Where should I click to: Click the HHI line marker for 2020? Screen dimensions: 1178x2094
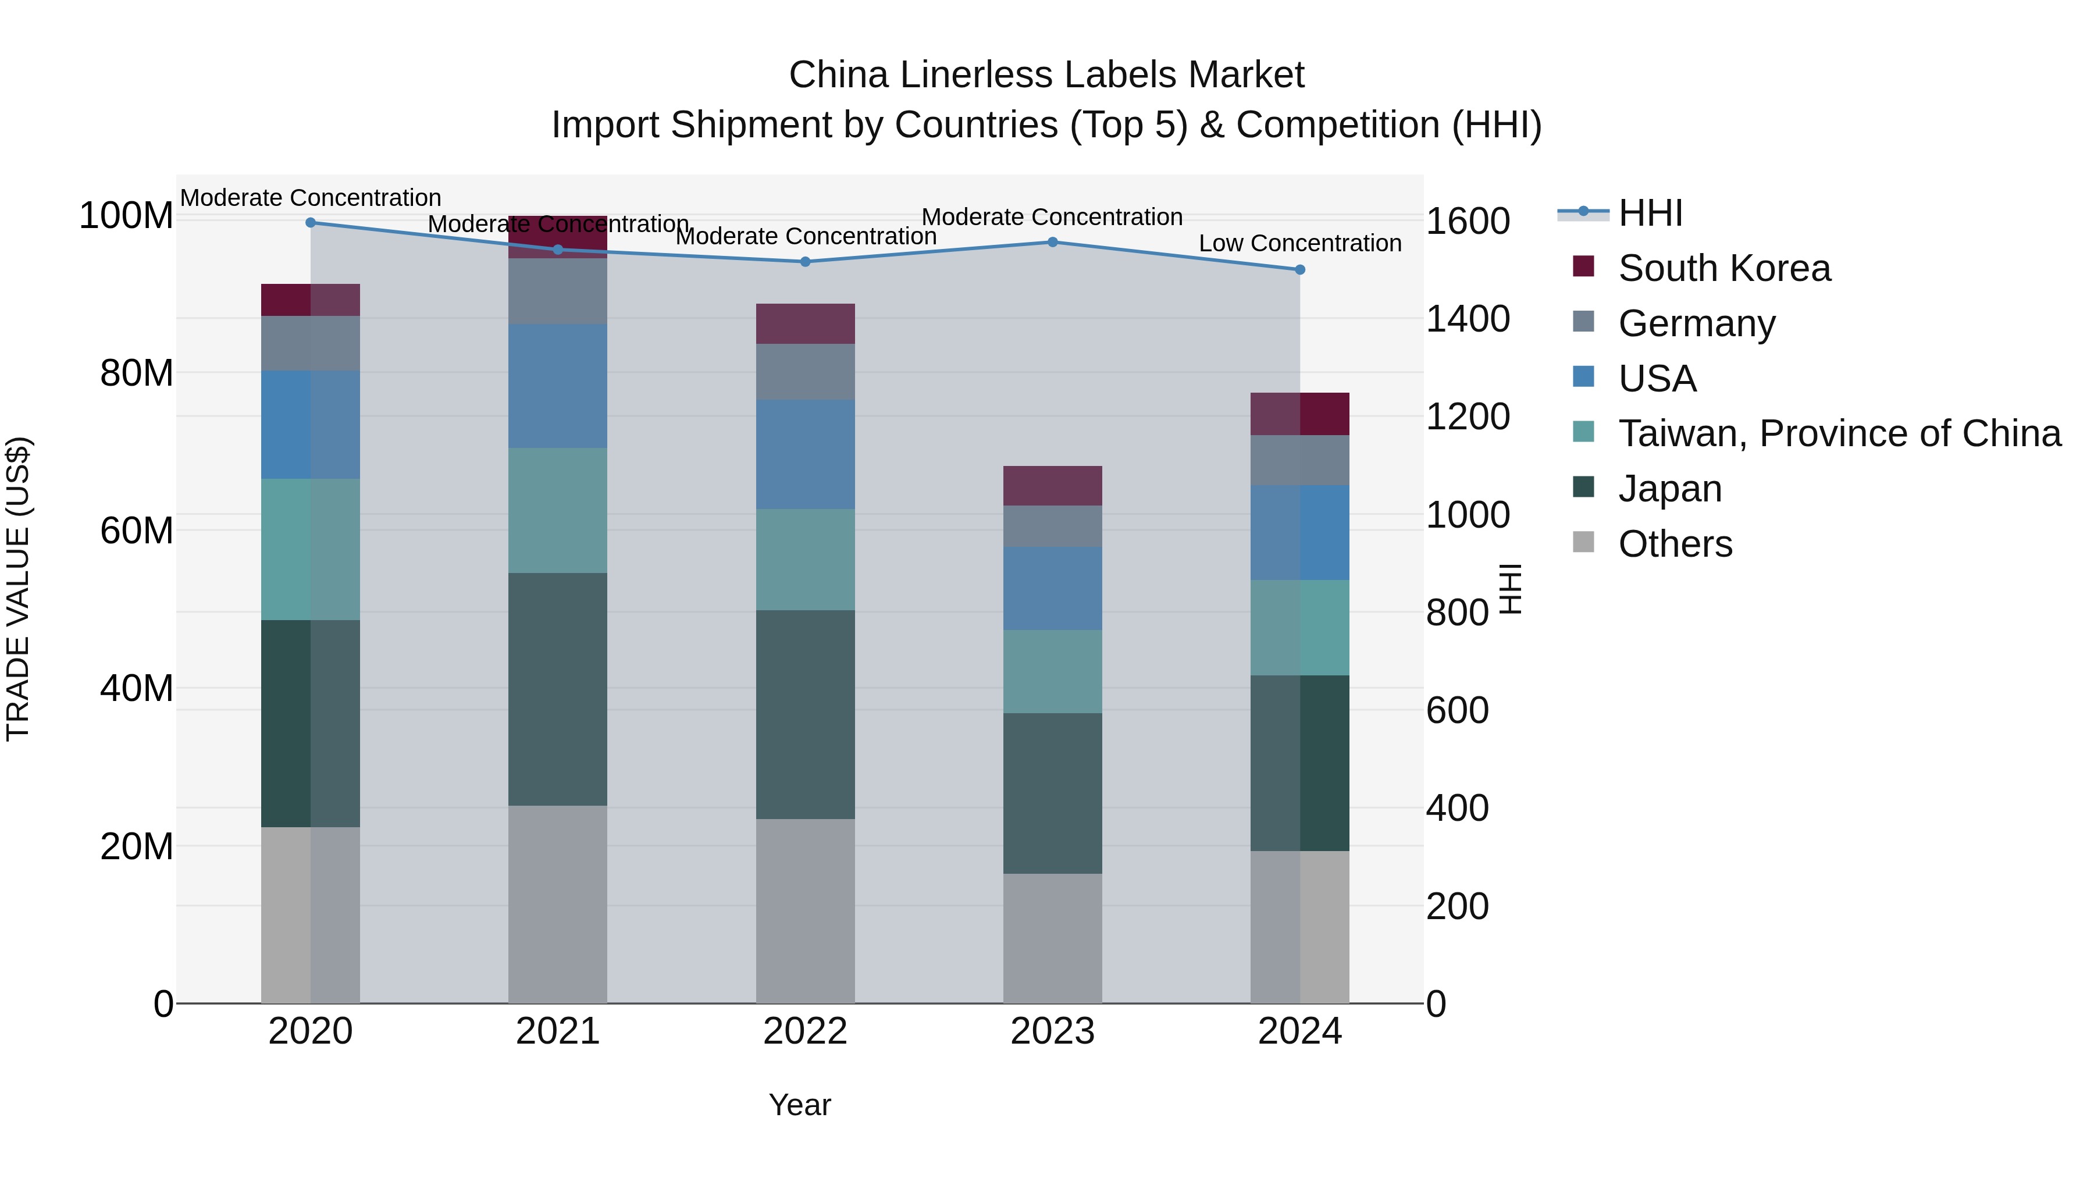(x=311, y=222)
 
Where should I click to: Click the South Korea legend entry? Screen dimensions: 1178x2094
(x=1723, y=268)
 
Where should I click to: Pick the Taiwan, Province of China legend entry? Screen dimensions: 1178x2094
(x=1839, y=433)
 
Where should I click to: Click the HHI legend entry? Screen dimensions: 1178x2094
(x=1650, y=213)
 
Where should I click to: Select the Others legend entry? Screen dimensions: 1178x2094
(x=1675, y=544)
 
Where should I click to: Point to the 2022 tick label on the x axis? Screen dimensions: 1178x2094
(x=805, y=1031)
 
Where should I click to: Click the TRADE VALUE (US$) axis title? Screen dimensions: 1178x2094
(x=18, y=589)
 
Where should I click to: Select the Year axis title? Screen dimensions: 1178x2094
(x=800, y=1105)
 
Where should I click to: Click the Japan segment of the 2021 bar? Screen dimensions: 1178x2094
(x=558, y=689)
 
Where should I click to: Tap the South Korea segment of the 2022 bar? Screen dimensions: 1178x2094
(x=805, y=323)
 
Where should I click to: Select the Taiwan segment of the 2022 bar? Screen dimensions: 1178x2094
(x=805, y=559)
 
